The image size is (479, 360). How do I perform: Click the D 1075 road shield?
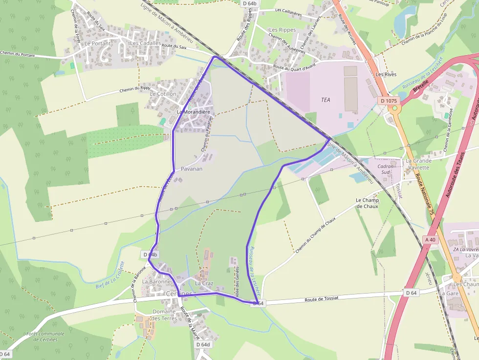[389, 101]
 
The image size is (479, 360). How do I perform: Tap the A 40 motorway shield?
[430, 239]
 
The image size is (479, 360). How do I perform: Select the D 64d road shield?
[203, 344]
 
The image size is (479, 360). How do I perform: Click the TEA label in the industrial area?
[326, 100]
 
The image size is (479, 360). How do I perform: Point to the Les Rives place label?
[386, 74]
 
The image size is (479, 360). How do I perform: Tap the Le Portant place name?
[98, 43]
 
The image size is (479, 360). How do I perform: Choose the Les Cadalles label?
[145, 43]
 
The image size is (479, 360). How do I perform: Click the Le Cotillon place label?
[163, 94]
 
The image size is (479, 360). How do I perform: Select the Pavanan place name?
[192, 169]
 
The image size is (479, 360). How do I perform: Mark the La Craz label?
[204, 283]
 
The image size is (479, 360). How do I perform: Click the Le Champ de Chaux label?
[367, 203]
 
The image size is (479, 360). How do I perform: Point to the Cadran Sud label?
[386, 169]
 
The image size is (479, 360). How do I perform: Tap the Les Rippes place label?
[283, 30]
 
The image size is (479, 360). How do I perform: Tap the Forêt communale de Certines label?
[45, 337]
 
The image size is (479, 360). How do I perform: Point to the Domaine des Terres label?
[164, 315]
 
